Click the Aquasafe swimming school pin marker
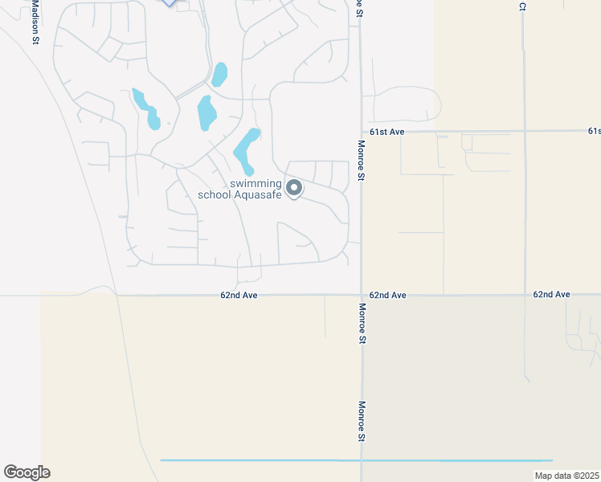point(294,188)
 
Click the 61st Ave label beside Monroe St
point(386,131)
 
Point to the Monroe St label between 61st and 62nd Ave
point(362,161)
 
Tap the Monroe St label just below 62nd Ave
point(362,324)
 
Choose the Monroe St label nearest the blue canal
point(362,422)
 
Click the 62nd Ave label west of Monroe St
point(239,296)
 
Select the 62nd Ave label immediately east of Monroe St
point(388,296)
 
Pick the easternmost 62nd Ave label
point(551,295)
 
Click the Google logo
point(27,472)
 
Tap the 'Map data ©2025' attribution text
point(566,476)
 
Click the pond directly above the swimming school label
point(246,150)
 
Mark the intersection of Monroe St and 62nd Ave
point(362,296)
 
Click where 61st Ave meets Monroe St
point(362,131)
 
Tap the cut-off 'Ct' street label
point(522,6)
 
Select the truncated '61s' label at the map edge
point(594,130)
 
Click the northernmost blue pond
point(219,74)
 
